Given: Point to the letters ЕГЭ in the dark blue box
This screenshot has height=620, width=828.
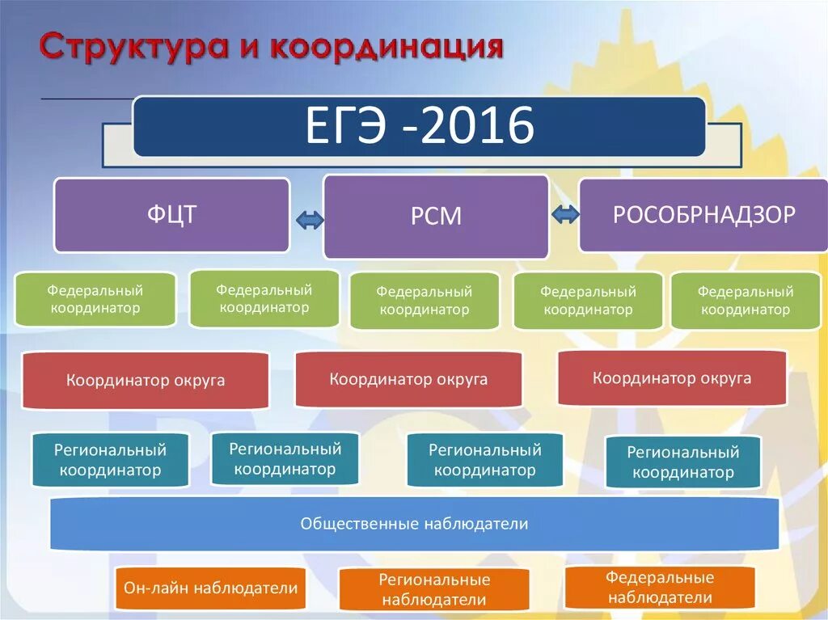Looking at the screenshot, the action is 349,126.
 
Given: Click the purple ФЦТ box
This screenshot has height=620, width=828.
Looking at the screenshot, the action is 171,215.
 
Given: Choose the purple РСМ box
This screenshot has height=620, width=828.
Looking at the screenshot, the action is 436,217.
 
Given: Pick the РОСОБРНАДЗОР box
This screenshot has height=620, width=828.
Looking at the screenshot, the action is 703,215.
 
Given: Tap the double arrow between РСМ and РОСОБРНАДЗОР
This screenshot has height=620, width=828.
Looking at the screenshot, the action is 564,215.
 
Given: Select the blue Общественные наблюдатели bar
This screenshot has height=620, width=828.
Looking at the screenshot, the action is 414,524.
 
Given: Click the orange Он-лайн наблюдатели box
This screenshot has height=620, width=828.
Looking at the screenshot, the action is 211,588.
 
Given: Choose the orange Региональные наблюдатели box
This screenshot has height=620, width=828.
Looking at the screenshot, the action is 434,589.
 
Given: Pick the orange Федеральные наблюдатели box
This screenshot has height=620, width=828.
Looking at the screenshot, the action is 659,588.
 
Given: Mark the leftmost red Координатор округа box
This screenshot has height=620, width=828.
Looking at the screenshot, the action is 146,380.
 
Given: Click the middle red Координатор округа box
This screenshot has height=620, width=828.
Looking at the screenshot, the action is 408,379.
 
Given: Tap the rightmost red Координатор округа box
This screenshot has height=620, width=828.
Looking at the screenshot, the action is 672,377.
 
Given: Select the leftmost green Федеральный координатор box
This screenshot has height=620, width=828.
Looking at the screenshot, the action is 95,299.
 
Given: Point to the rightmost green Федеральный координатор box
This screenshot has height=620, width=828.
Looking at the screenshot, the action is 746,300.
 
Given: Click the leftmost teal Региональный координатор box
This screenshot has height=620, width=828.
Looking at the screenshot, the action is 110,460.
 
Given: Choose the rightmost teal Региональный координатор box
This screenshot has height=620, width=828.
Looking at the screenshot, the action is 683,462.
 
